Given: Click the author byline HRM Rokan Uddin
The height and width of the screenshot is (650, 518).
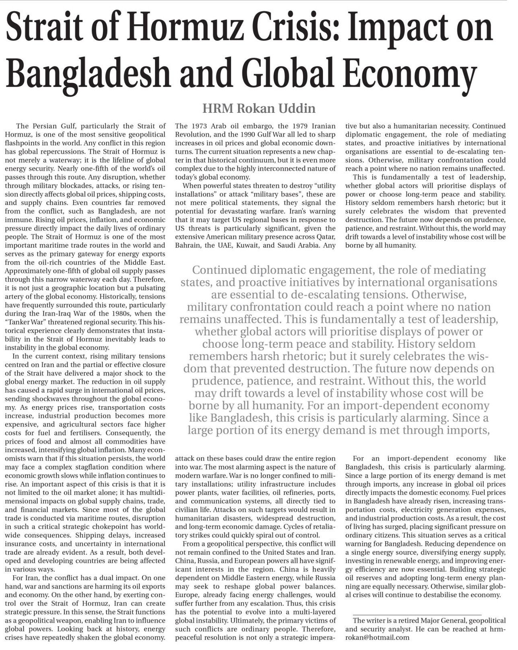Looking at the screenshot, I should click(x=259, y=108).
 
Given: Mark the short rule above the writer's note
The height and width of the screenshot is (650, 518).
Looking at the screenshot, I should click(x=417, y=612).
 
